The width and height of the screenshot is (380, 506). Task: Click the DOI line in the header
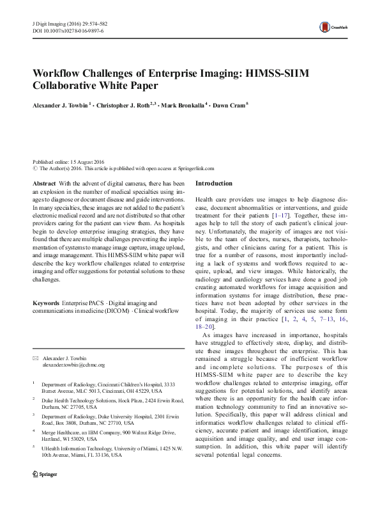click(x=68, y=30)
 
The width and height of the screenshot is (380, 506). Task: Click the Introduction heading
click(x=214, y=184)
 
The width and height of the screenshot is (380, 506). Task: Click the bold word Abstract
click(x=44, y=183)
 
